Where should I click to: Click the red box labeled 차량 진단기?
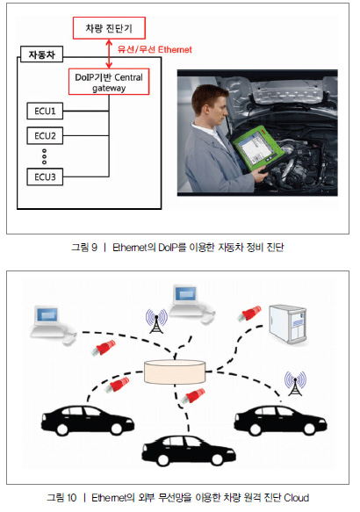point(109,28)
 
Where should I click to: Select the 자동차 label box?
point(41,54)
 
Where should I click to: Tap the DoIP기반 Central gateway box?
point(109,82)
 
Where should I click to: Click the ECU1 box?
point(45,111)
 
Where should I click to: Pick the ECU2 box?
point(45,135)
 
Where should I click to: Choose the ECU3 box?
point(45,177)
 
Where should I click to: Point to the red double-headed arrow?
point(109,54)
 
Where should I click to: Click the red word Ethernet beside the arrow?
point(175,50)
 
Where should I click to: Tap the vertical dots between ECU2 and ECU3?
point(45,156)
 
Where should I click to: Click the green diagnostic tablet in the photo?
point(258,148)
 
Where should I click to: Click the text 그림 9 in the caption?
point(84,247)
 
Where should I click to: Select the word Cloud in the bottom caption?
point(297,498)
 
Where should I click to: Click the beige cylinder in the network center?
point(175,371)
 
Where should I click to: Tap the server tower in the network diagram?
point(287,325)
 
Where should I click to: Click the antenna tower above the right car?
point(295,384)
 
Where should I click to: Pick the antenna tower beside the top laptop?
point(156,321)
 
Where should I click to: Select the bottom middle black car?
point(189,451)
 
